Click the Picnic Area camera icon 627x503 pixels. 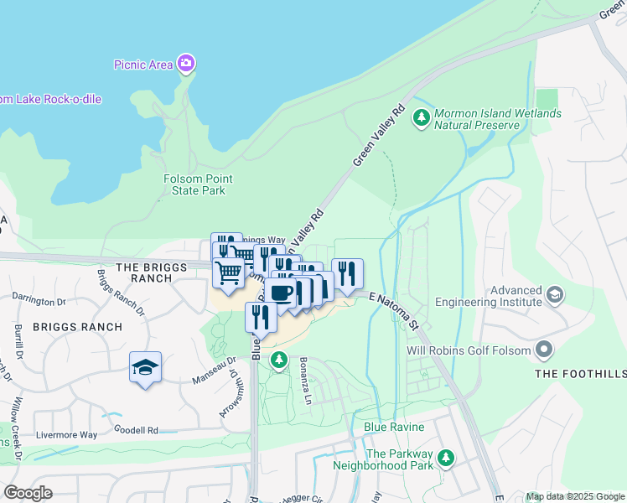tap(186, 65)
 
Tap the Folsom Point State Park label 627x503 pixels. tap(198, 184)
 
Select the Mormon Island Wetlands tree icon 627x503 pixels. tap(422, 118)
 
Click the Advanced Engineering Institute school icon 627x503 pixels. tap(554, 295)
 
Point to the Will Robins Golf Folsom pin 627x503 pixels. tap(546, 348)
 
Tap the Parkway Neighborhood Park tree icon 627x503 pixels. tap(447, 458)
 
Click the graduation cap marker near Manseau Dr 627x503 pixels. tap(145, 367)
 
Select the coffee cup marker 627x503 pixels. tap(282, 293)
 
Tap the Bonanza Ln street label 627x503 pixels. tap(310, 386)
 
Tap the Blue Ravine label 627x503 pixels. tap(394, 427)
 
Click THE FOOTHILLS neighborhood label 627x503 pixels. tap(580, 374)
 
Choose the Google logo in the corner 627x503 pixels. tap(27, 493)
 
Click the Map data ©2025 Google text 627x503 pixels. tap(574, 496)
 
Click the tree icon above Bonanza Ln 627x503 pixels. tap(279, 360)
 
